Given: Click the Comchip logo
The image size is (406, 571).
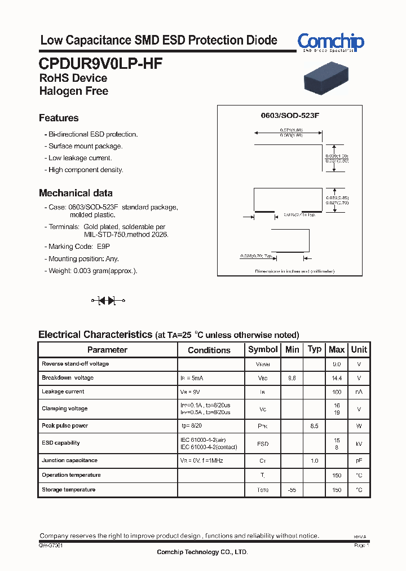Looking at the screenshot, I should point(330,42).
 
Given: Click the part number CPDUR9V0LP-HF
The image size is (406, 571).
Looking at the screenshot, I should point(101,64).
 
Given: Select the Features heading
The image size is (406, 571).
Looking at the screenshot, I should point(59,118).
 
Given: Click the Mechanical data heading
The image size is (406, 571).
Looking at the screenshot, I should point(76,193).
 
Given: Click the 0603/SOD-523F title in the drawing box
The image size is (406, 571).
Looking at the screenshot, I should point(290,115).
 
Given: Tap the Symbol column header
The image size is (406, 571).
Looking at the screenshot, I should point(263,350).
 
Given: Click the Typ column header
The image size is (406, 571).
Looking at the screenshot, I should point(315,349).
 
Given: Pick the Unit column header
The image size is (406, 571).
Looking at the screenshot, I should point(359,350).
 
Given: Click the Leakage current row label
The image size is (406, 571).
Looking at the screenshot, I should point(63,392).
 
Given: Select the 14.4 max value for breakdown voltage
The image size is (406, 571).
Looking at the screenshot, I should point(337,378).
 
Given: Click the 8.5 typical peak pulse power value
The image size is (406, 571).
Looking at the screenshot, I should point(314,426).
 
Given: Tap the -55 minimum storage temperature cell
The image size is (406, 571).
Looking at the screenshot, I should point(292,490).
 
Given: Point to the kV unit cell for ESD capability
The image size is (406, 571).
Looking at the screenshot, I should point(359,444).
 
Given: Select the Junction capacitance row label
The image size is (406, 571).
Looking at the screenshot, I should point(69,461).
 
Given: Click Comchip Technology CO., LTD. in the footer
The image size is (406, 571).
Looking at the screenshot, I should point(202,552).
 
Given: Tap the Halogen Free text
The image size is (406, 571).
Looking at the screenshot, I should point(74,91).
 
